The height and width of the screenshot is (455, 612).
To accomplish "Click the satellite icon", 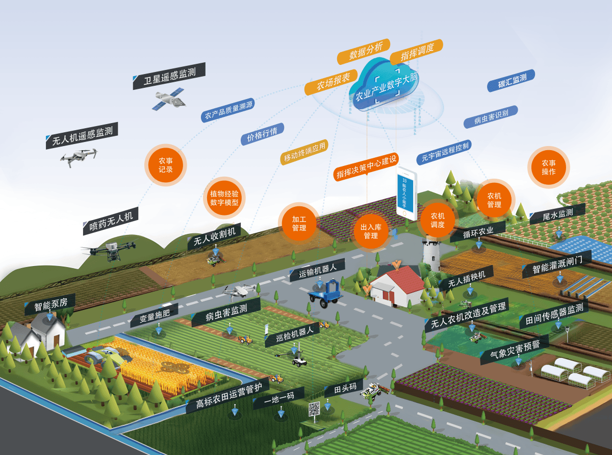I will [x=168, y=99].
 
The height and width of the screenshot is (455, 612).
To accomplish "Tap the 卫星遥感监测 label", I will [x=169, y=77].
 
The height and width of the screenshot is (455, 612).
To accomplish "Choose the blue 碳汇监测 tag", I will [x=511, y=81].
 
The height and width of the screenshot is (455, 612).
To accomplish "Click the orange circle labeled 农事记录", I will [x=166, y=165].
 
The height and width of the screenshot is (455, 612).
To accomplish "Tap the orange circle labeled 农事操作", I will [x=548, y=167].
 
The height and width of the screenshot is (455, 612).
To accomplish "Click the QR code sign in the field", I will [x=314, y=409].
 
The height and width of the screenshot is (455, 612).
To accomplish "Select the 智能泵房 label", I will [x=50, y=305].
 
